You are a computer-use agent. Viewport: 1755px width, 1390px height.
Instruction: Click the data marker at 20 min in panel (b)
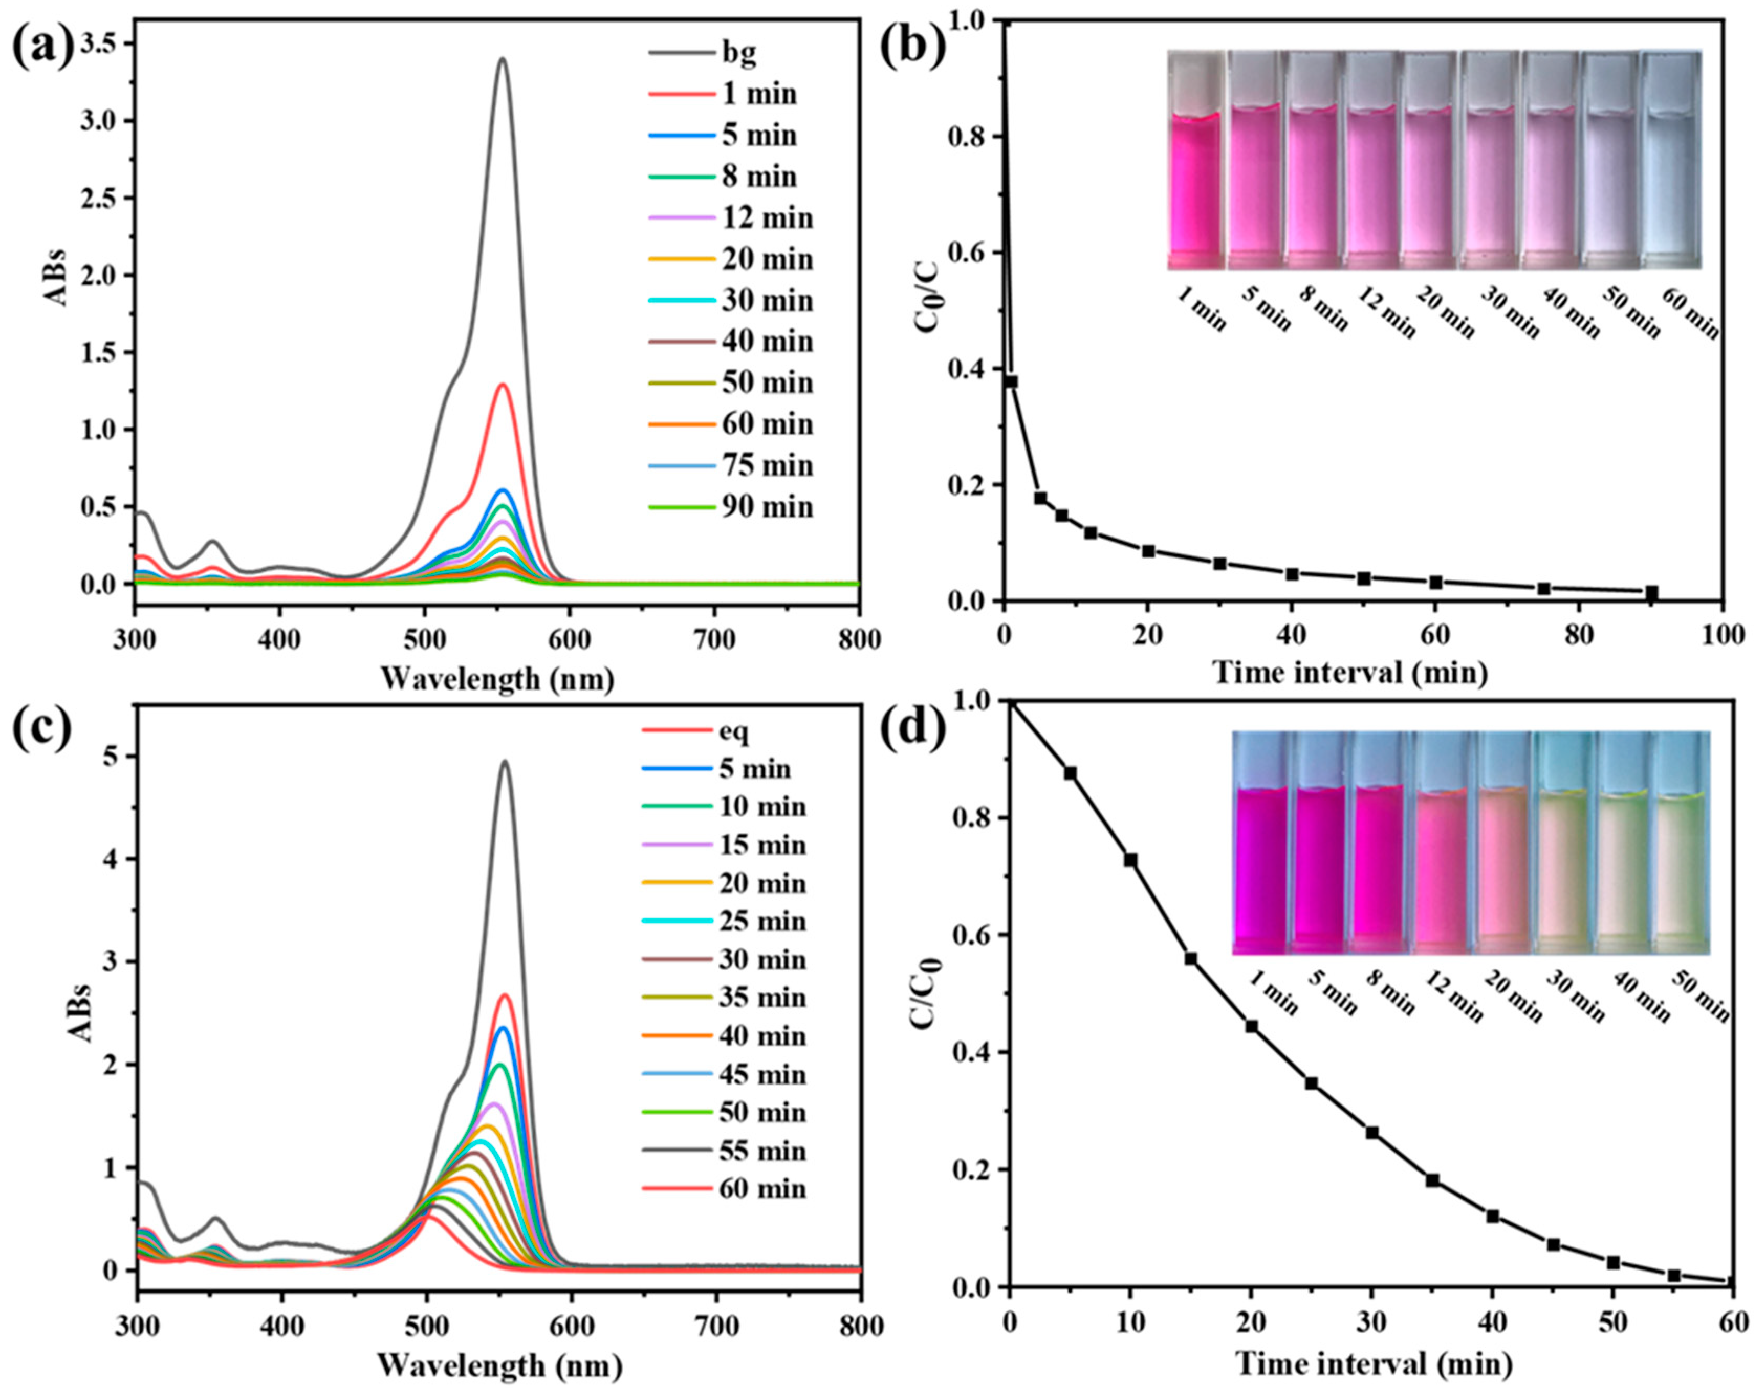(1148, 551)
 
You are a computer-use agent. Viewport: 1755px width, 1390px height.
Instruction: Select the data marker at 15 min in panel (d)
(1190, 959)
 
